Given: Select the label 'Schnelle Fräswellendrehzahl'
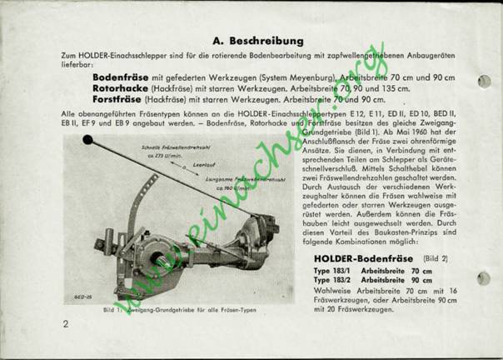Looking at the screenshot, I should (171, 145).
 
